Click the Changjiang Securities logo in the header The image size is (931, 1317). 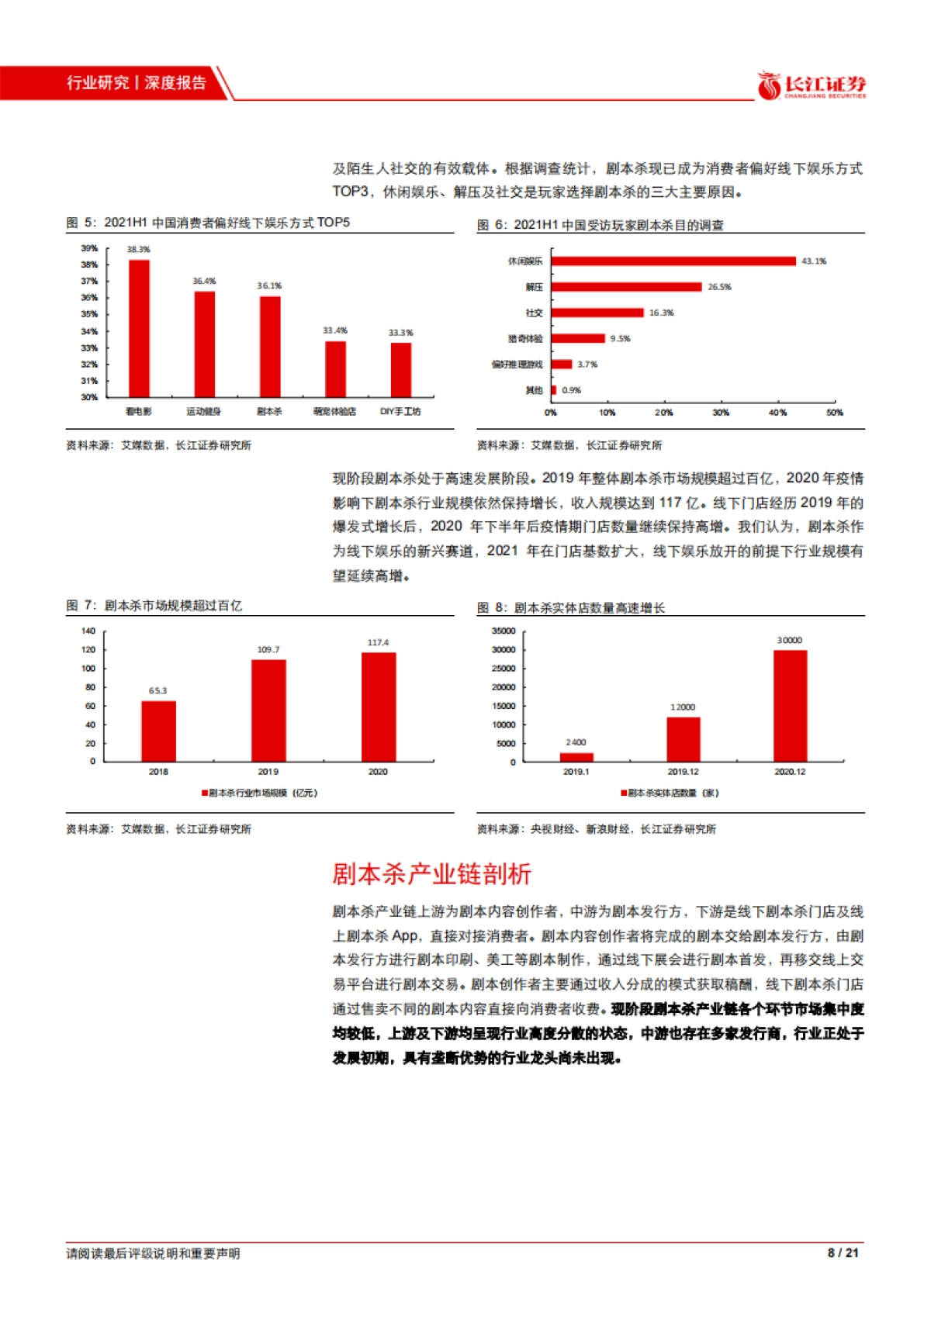812,85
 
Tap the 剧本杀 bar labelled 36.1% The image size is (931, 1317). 270,347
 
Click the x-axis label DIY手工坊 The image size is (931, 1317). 400,411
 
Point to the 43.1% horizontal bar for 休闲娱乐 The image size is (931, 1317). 673,261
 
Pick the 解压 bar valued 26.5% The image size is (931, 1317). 626,287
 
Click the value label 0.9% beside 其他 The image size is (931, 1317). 571,390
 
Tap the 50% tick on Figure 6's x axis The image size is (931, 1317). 834,413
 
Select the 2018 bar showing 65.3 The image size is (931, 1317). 158,731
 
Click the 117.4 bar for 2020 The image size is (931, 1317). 379,707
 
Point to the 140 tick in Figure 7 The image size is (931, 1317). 88,631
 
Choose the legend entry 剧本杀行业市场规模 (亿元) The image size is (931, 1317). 260,793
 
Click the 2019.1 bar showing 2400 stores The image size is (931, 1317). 576,757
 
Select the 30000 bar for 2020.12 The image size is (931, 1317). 790,706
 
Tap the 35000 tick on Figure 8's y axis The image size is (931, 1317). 504,631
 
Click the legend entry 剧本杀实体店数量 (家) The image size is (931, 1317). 670,793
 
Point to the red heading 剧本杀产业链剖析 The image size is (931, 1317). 431,874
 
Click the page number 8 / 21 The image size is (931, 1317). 843,1253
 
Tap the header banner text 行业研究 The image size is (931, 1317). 97,83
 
